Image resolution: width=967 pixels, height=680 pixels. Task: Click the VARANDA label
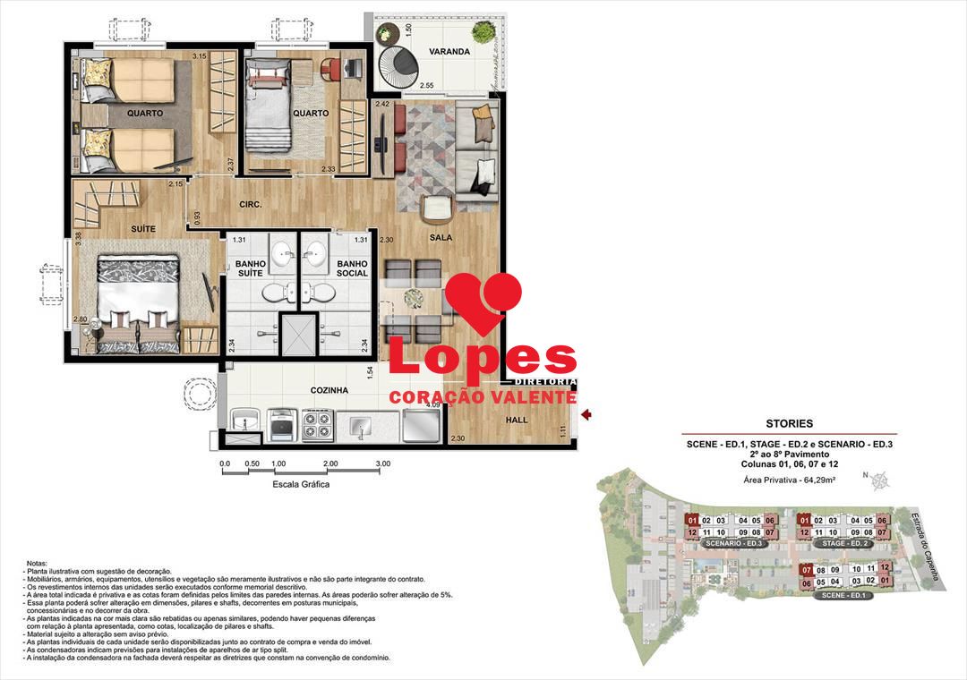[449, 52]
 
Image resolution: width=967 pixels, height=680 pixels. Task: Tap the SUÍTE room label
[142, 229]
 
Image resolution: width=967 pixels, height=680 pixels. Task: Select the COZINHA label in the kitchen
[330, 391]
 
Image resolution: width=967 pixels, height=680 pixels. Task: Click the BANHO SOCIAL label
[353, 268]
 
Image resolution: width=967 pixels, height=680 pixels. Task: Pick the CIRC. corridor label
[250, 205]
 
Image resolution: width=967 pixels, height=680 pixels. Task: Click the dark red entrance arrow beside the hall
[586, 414]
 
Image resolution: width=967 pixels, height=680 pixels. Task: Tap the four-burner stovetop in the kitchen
[317, 425]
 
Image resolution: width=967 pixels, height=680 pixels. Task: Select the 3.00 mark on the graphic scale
[384, 464]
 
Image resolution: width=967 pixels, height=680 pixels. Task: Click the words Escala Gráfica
[302, 484]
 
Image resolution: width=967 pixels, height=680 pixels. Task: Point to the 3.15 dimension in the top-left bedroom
[200, 57]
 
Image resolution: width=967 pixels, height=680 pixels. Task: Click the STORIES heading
[789, 423]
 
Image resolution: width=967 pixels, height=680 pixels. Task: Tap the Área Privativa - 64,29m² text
[789, 480]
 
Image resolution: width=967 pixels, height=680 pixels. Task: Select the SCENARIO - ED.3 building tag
[732, 544]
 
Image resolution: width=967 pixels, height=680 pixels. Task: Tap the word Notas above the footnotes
[38, 563]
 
